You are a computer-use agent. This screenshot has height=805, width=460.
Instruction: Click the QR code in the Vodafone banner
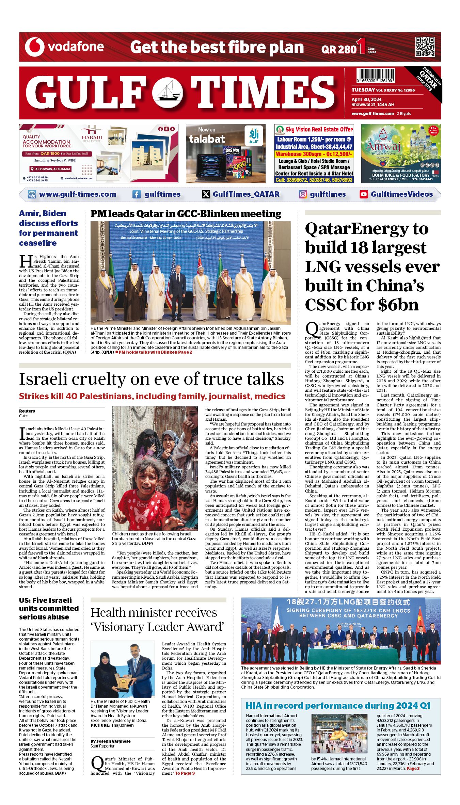click(x=425, y=47)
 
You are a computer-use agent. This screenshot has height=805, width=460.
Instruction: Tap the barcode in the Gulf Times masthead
click(x=376, y=75)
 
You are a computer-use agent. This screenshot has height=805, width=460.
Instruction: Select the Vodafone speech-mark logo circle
click(x=34, y=47)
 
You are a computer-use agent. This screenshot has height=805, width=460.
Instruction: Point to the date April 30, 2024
click(x=366, y=99)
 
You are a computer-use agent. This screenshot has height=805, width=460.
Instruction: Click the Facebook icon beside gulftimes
click(x=137, y=194)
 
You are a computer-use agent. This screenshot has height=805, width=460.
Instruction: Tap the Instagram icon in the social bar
click(x=303, y=194)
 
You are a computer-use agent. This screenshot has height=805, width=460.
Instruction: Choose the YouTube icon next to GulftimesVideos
click(x=364, y=194)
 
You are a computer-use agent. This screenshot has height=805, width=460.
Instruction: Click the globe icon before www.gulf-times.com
click(x=32, y=194)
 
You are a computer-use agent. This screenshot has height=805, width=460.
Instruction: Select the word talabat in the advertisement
click(x=207, y=139)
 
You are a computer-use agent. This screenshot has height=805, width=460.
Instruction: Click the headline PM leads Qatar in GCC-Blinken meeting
click(x=186, y=214)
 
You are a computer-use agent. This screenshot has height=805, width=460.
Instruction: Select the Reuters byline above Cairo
click(x=27, y=411)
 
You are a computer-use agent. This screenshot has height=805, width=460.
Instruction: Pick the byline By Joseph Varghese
click(x=110, y=741)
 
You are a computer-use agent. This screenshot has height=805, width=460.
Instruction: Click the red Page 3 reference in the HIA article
click(x=413, y=768)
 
